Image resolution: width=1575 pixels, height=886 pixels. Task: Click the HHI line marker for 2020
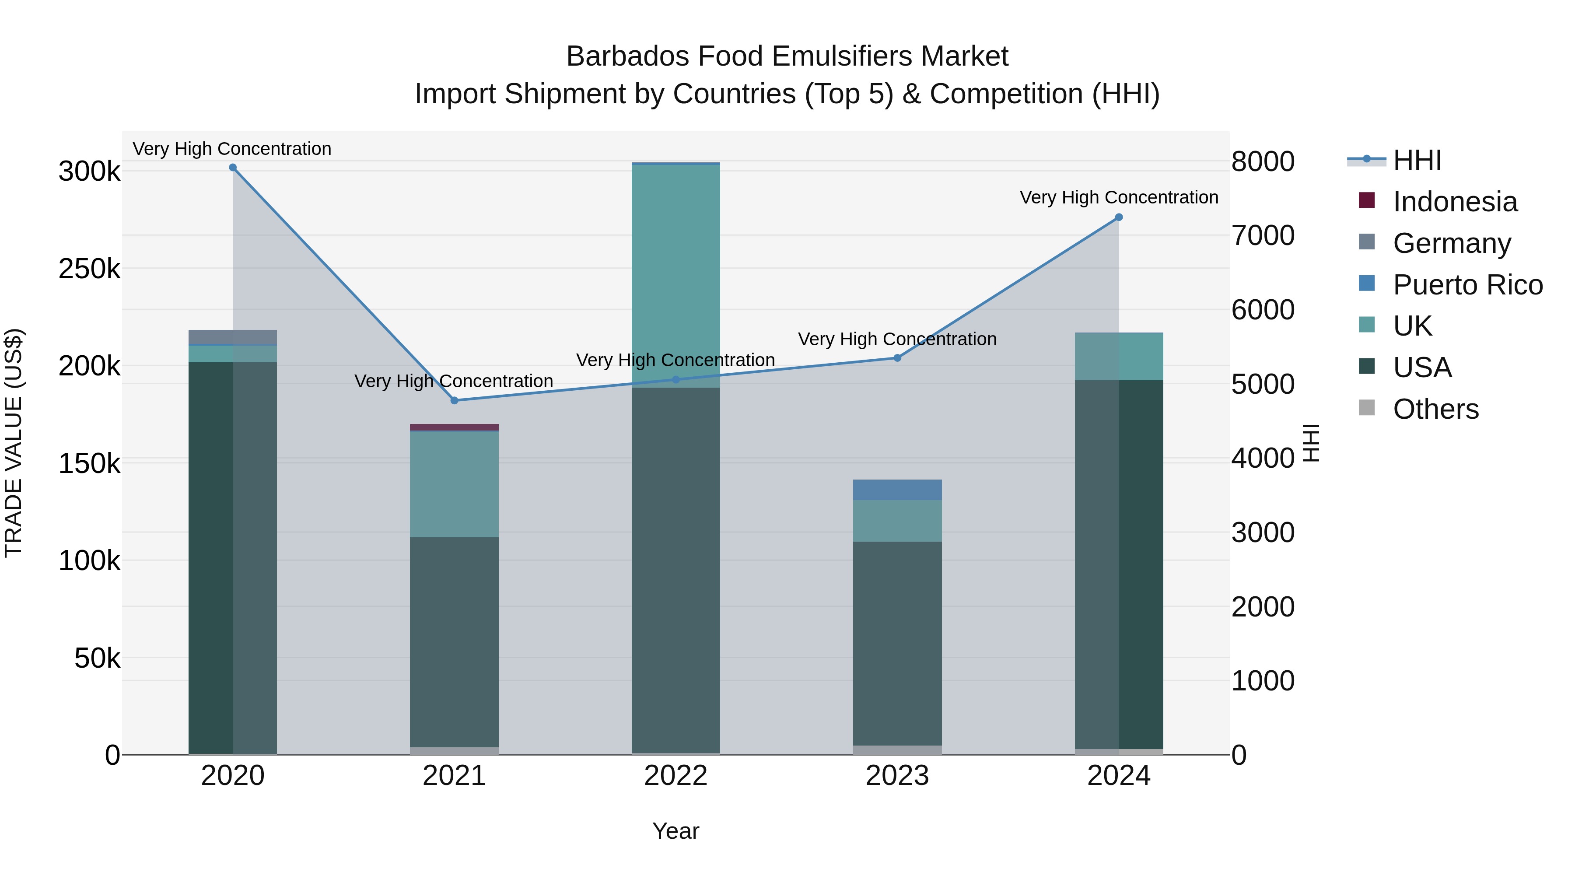232,168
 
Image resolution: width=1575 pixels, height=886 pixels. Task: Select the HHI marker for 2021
454,400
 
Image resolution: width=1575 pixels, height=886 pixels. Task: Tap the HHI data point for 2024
1119,217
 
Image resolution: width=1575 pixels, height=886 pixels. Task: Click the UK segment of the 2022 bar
675,275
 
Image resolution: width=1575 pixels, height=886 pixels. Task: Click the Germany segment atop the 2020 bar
232,337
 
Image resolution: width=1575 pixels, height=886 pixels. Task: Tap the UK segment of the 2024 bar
1119,357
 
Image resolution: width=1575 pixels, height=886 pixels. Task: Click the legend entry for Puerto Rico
1467,285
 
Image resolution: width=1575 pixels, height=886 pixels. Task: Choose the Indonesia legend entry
1455,202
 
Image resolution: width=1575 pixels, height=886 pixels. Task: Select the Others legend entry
1435,409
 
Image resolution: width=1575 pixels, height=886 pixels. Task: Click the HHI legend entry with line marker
1417,160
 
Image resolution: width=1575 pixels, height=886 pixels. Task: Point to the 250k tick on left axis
89,269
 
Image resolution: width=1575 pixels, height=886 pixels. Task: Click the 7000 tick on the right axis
1263,235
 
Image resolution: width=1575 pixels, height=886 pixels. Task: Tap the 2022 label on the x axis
675,776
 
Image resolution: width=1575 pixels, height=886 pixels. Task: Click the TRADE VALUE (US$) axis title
14,443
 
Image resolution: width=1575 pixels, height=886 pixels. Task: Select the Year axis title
675,831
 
